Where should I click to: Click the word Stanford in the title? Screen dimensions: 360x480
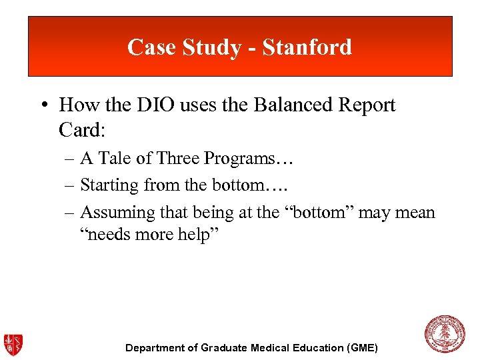click(x=307, y=47)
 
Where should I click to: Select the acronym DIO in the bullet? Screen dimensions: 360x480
click(x=171, y=105)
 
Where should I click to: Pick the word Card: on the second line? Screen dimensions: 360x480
click(x=83, y=129)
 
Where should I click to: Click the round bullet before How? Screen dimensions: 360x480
click(x=45, y=106)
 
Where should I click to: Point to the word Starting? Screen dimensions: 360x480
click(x=109, y=186)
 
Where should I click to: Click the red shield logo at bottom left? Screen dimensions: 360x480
click(x=13, y=344)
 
